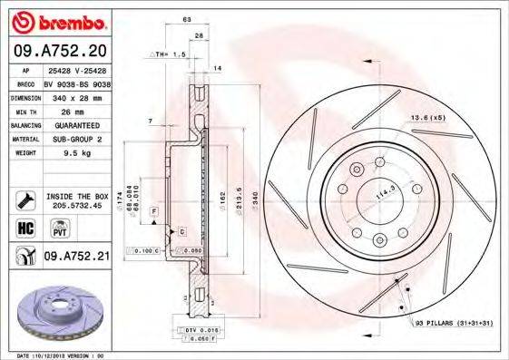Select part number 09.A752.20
click(61, 50)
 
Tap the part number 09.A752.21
click(76, 257)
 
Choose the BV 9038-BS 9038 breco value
click(74, 82)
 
